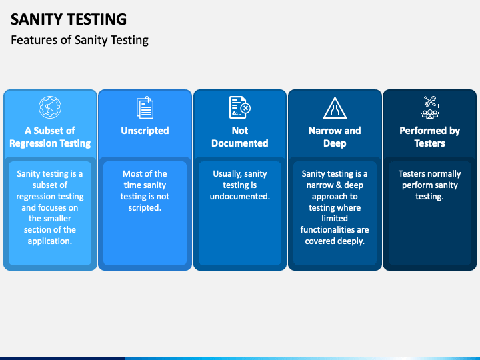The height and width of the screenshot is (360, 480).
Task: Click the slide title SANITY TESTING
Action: pos(69,19)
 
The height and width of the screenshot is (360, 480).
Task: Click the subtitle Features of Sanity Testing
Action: pos(79,40)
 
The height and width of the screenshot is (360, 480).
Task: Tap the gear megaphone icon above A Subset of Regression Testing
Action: pos(50,107)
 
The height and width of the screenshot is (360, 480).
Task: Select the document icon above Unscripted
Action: pos(145,107)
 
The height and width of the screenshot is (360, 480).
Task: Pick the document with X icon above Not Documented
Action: pos(239,107)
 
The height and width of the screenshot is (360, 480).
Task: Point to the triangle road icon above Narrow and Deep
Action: pos(335,107)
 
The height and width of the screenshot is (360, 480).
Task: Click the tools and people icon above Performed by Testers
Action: pos(429,107)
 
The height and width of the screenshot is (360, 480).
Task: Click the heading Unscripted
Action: pos(145,131)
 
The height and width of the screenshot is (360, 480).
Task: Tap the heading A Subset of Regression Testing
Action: pos(50,137)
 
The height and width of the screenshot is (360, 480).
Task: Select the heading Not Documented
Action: pos(239,137)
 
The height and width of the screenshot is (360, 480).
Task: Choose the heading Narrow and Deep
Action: pos(335,137)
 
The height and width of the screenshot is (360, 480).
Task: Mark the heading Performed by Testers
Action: pos(429,137)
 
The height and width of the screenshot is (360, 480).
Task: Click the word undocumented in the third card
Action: pos(239,196)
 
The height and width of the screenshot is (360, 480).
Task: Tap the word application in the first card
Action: pos(50,241)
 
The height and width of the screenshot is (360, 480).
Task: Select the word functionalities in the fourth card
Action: pos(335,230)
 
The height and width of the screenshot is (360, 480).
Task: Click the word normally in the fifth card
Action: pos(443,174)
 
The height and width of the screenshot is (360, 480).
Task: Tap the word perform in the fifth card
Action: pos(417,185)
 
